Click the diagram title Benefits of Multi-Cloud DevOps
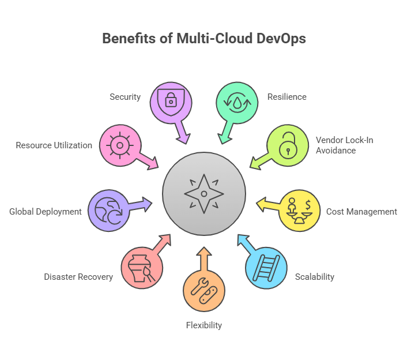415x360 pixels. tap(204, 39)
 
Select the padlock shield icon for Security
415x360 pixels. tap(171, 99)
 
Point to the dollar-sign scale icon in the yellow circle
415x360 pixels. tap(300, 211)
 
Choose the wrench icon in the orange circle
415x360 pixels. tap(203, 291)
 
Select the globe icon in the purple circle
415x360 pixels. tap(108, 211)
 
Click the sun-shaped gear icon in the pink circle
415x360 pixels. tap(119, 145)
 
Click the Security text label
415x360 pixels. tap(125, 97)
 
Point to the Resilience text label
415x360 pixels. tap(287, 97)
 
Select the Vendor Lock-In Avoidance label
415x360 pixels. tap(336, 145)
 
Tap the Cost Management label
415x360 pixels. tap(361, 212)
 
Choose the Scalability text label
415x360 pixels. tap(315, 277)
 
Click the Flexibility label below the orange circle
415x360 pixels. tap(204, 325)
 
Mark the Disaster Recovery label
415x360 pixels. tap(78, 277)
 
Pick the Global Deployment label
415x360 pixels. tap(46, 212)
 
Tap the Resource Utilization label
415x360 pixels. tap(54, 145)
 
